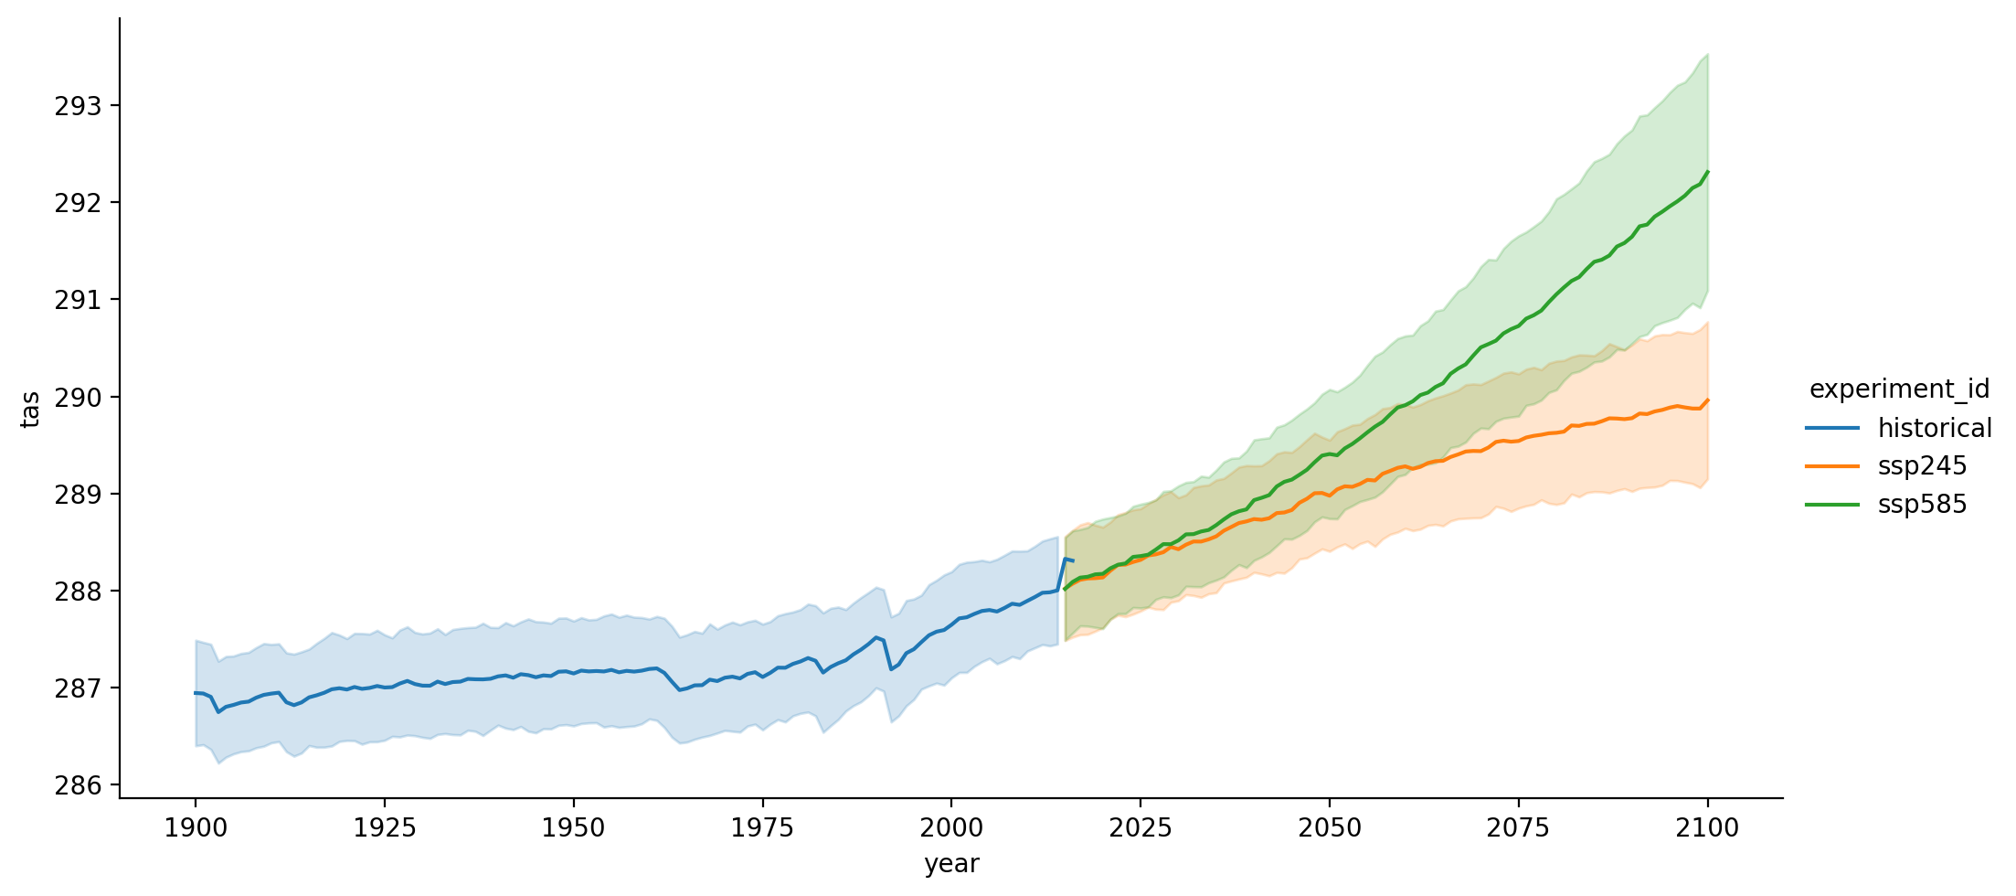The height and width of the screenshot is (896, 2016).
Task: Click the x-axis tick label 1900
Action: (x=195, y=828)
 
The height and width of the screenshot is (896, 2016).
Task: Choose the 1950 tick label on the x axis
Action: (x=573, y=828)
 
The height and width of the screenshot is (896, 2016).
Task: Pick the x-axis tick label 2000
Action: (x=951, y=828)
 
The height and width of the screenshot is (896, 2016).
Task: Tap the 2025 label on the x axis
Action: (x=1141, y=828)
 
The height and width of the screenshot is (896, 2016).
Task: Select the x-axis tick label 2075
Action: (x=1518, y=828)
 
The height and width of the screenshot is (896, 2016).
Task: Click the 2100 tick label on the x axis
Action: (x=1707, y=828)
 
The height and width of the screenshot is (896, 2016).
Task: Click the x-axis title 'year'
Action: (x=951, y=864)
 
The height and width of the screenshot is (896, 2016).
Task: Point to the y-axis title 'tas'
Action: (x=30, y=409)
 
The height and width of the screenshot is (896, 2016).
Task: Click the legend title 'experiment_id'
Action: (x=1899, y=389)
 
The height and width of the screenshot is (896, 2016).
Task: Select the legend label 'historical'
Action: (x=1935, y=428)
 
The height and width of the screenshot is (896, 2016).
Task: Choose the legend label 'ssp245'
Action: (x=1922, y=466)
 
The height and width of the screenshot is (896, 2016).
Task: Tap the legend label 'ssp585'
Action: (x=1922, y=505)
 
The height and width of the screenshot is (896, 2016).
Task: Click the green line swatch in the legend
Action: (x=1832, y=505)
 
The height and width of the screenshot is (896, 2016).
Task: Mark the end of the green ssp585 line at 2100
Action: (x=1708, y=172)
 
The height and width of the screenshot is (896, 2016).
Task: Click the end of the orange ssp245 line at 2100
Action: (x=1708, y=400)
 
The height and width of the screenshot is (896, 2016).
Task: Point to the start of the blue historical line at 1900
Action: (x=196, y=693)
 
